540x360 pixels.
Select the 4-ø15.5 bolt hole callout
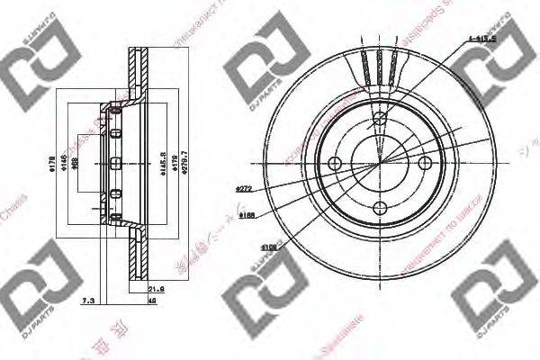[481, 38]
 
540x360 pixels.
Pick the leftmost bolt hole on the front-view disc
[335, 163]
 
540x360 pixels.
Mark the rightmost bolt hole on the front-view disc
[425, 163]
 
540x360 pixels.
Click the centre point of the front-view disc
[380, 163]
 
